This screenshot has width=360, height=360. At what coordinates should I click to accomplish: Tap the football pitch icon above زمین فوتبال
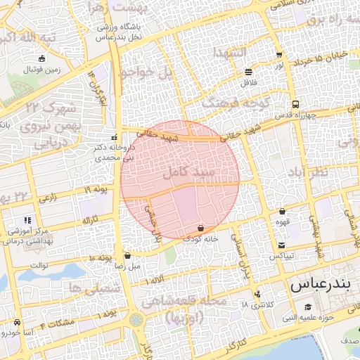42,59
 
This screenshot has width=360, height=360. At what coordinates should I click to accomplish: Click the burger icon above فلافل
249,72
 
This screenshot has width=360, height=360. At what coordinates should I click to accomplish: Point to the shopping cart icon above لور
280,55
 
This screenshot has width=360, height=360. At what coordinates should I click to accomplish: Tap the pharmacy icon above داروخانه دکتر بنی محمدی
115,137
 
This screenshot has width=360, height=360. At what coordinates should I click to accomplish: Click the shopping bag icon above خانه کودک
202,228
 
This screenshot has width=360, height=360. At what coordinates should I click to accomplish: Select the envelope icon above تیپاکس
282,245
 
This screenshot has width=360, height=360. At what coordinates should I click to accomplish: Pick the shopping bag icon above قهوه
282,210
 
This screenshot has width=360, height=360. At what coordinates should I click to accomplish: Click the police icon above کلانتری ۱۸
259,295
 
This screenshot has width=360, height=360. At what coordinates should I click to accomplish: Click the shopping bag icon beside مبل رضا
127,256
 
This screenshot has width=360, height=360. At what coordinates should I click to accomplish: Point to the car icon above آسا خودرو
15,321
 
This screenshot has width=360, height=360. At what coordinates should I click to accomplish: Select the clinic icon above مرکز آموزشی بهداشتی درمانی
27,220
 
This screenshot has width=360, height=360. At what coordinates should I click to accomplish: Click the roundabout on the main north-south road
135,320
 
